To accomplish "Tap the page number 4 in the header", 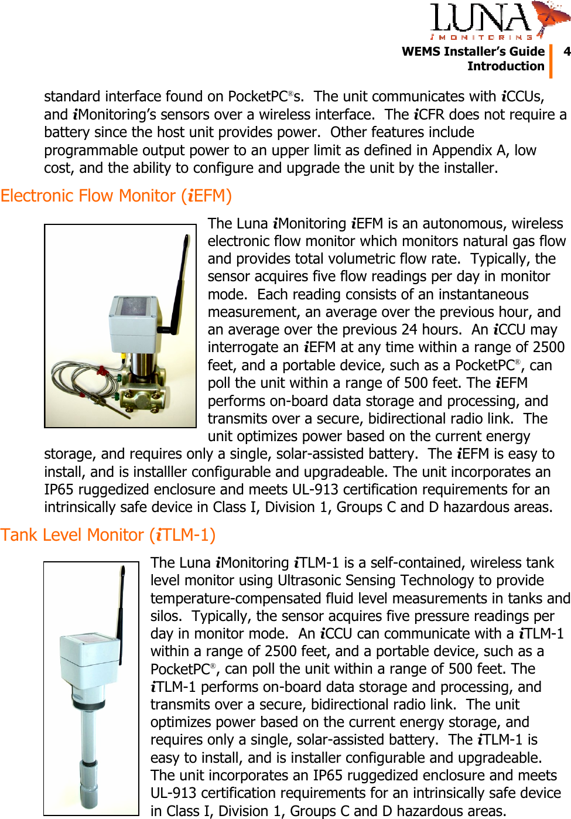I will pyautogui.click(x=566, y=52).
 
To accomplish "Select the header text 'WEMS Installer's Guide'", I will pyautogui.click(x=473, y=52).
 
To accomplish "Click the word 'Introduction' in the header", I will pyautogui.click(x=505, y=66).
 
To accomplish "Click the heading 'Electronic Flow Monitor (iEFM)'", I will pyautogui.click(x=116, y=196).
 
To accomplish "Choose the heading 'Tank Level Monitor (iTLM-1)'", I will pyautogui.click(x=108, y=535).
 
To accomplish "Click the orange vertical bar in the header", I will pyautogui.click(x=551, y=60).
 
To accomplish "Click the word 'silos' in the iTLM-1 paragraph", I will pyautogui.click(x=165, y=616).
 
